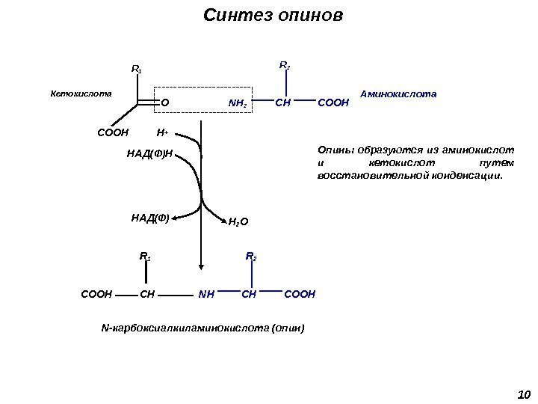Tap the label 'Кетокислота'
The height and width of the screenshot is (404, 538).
(x=81, y=95)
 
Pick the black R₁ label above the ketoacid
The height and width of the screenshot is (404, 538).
(x=136, y=70)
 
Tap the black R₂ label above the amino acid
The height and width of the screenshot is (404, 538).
(x=285, y=67)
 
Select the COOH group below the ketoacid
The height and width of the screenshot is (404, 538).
(x=113, y=133)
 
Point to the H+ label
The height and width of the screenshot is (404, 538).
(x=162, y=133)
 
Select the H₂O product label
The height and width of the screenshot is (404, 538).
(x=238, y=222)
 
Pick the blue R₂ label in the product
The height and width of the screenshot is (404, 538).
(x=251, y=258)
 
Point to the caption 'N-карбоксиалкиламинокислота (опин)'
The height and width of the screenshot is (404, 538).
(x=202, y=328)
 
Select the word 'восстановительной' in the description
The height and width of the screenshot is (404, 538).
(x=362, y=177)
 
